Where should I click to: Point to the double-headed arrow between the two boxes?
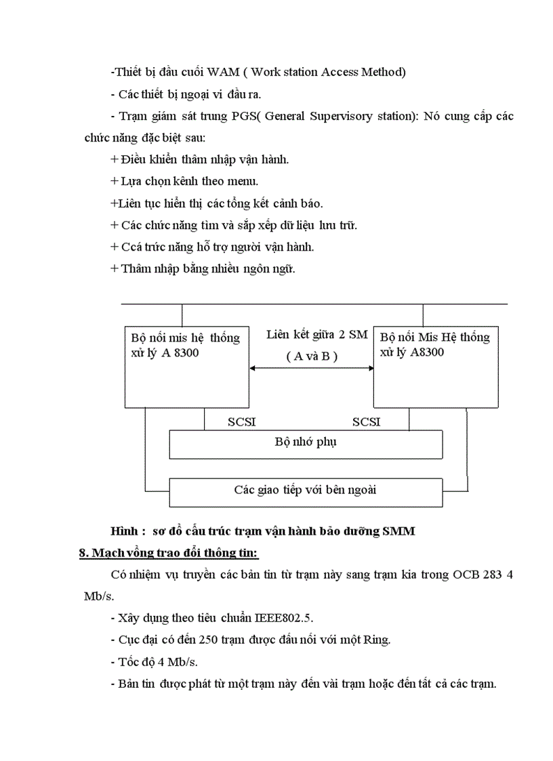[312, 368]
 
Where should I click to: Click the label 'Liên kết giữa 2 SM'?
[316, 334]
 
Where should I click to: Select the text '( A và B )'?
[312, 356]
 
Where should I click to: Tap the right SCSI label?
[367, 422]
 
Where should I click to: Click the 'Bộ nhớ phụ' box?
[306, 444]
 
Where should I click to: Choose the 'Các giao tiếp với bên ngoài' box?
[306, 492]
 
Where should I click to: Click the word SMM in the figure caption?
[400, 532]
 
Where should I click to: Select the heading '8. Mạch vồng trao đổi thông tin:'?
[169, 554]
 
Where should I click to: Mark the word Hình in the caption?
[125, 532]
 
